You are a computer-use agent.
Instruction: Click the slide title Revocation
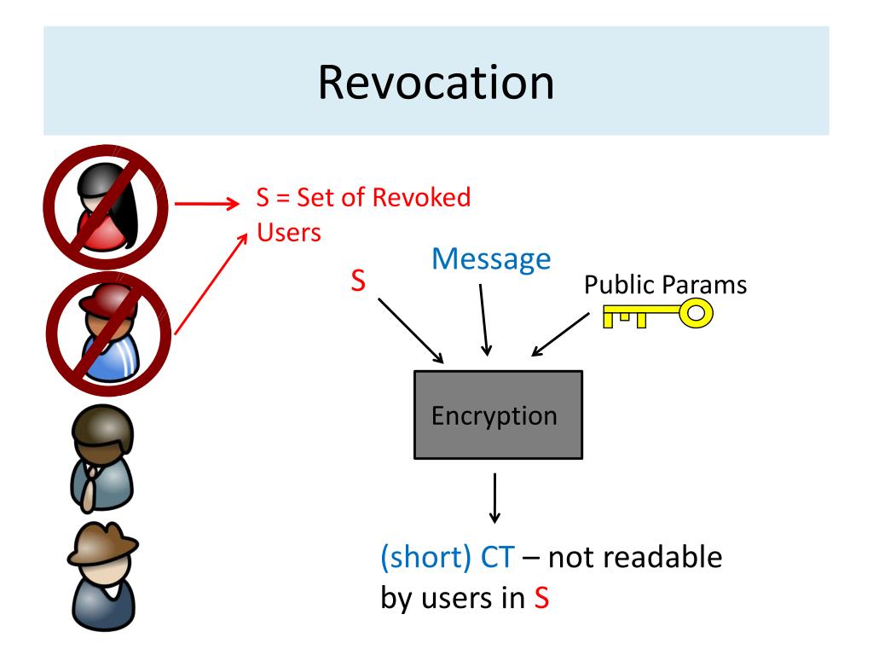point(436,83)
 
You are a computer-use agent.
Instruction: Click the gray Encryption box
point(498,416)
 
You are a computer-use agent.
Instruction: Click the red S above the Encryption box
point(359,281)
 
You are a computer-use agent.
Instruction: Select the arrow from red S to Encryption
point(410,329)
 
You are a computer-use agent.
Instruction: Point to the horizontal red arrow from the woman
point(205,205)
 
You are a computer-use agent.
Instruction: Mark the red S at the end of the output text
point(541,599)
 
